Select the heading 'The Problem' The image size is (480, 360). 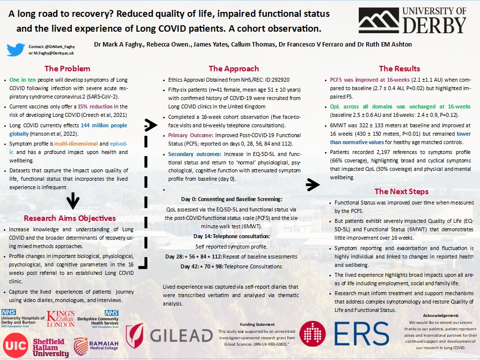(67, 69)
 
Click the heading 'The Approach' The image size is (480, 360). (234, 69)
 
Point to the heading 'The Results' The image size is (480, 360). (399, 69)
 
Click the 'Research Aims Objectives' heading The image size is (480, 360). (70, 218)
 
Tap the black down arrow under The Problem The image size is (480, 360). (73, 200)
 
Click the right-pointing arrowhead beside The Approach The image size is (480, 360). (149, 123)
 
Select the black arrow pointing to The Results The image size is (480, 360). (312, 185)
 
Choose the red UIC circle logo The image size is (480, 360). (15, 345)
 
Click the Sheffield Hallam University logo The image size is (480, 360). (50, 347)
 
